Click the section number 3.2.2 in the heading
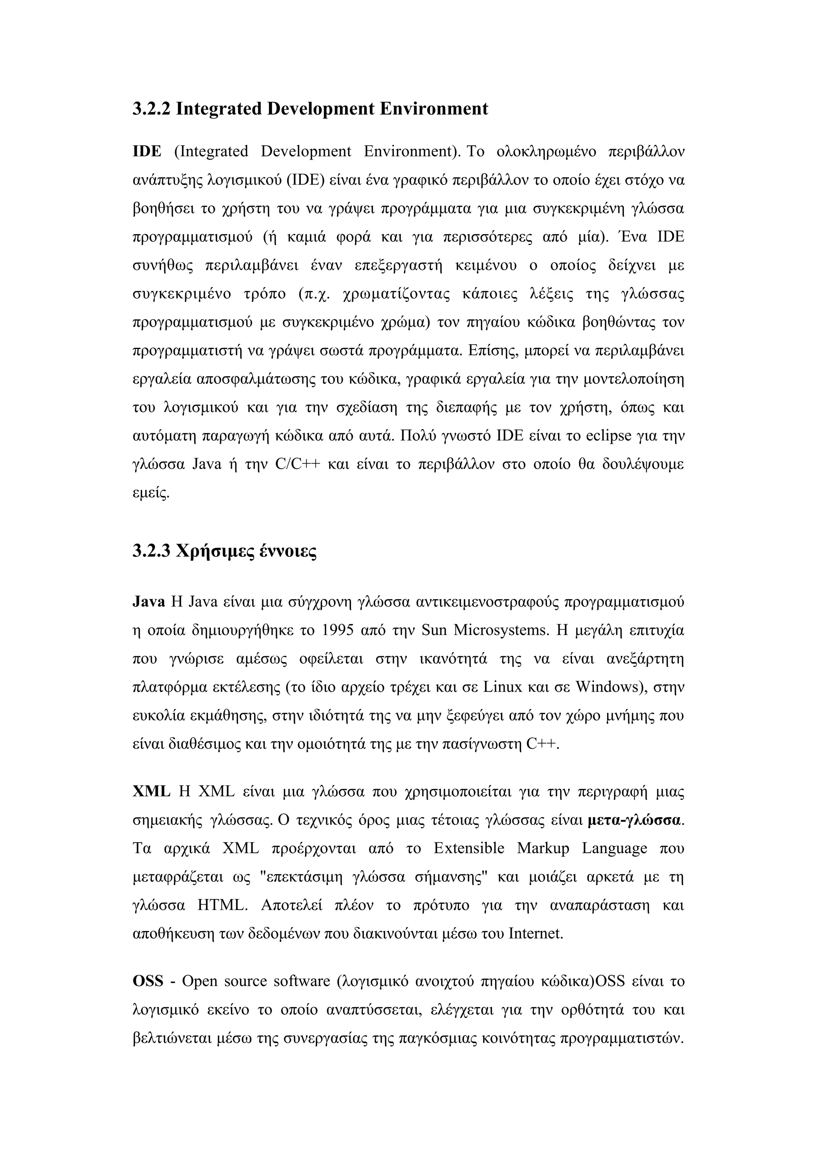152,109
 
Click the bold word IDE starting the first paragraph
146,152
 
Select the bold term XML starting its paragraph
151,791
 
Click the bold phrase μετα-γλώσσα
634,820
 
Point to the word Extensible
469,848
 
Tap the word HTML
220,905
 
